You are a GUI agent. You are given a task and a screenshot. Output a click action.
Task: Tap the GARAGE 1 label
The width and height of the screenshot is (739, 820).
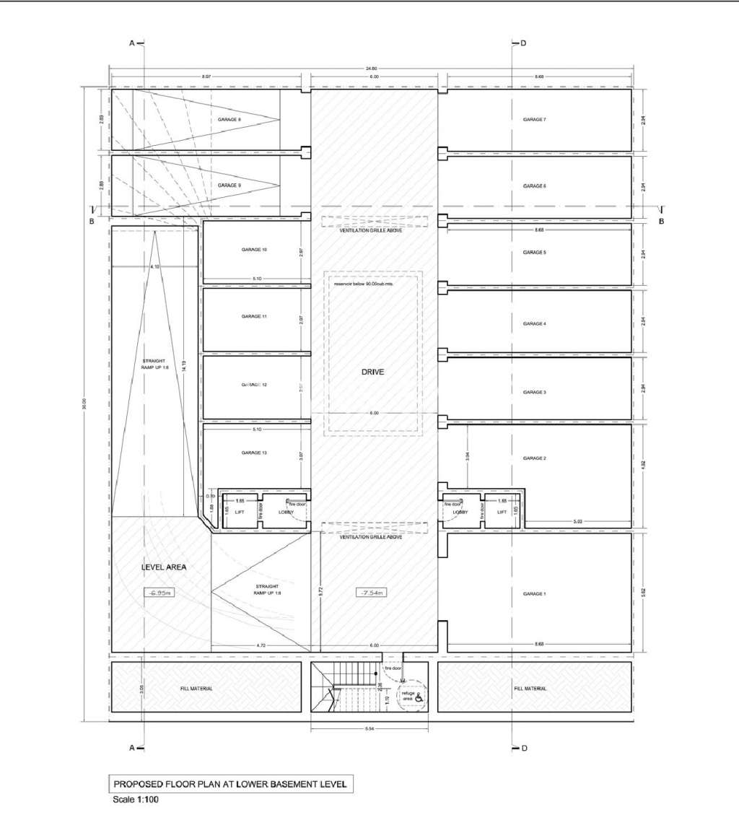[x=534, y=593]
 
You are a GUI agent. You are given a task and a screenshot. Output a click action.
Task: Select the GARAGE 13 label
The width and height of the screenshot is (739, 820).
[x=255, y=453]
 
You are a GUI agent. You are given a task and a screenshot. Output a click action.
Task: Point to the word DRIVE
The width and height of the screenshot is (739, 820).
[x=373, y=372]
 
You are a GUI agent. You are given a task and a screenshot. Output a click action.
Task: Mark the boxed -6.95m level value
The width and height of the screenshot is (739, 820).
[x=159, y=593]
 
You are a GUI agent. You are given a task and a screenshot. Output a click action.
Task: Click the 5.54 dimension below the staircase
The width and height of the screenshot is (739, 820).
[x=369, y=728]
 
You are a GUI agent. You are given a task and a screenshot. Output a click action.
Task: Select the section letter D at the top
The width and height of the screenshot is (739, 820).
[x=523, y=43]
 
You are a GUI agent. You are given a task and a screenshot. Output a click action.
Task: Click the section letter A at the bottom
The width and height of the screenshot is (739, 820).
[x=132, y=748]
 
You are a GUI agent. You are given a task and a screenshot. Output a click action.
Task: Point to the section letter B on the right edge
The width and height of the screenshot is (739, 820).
[x=661, y=221]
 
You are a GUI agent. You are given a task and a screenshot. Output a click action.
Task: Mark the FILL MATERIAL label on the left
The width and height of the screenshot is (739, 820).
[x=197, y=689]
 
